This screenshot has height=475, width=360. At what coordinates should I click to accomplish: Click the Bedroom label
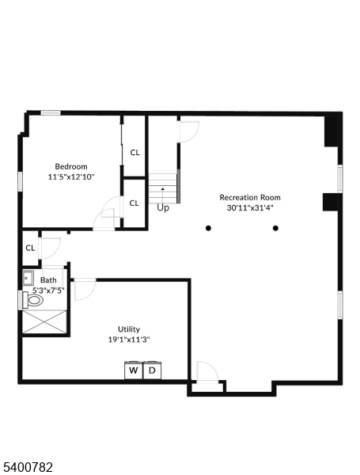(71, 166)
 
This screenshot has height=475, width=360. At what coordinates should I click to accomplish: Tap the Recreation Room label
(250, 197)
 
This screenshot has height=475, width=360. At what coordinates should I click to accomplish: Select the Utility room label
(129, 329)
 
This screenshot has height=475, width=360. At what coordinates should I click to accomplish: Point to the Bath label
(48, 280)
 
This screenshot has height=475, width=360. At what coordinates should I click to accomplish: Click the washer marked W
(134, 370)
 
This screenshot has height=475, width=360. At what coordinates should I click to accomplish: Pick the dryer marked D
(152, 370)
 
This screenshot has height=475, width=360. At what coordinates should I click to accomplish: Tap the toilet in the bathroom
(32, 300)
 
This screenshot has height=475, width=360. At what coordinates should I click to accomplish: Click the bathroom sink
(28, 278)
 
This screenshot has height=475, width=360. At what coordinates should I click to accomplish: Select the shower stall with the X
(44, 321)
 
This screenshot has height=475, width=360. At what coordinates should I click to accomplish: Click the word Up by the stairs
(163, 207)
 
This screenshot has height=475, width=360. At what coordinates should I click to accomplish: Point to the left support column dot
(208, 228)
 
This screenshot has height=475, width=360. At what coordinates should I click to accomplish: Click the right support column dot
(275, 228)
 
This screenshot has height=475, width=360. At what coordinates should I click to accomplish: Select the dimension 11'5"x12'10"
(71, 177)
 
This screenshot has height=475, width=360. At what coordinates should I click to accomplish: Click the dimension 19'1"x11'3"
(129, 340)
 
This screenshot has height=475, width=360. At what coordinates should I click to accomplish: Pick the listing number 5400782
(28, 467)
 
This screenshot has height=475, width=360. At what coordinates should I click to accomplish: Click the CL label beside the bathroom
(30, 248)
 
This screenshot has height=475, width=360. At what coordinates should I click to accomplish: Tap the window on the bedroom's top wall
(51, 113)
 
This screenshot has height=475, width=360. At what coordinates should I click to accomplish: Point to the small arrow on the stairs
(163, 188)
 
